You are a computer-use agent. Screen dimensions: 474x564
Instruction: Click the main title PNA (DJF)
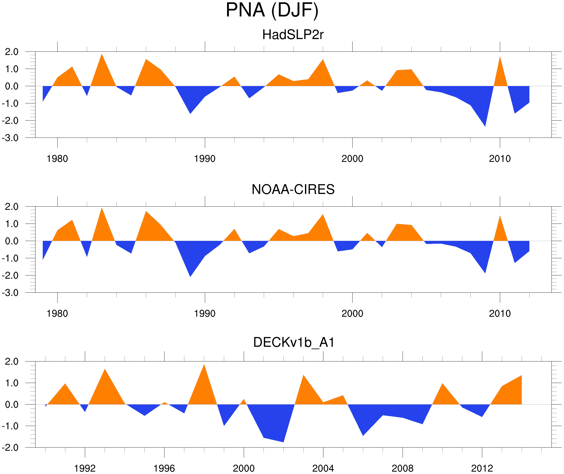coord(272,10)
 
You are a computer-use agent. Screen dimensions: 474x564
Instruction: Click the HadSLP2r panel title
coord(293,35)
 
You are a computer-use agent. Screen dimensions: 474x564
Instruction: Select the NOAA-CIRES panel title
coord(293,189)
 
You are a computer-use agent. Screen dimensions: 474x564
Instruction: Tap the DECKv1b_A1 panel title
coord(294,343)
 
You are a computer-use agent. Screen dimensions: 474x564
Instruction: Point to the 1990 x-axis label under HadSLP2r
coord(205,159)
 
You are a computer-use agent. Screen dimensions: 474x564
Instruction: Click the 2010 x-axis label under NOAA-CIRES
coord(499,313)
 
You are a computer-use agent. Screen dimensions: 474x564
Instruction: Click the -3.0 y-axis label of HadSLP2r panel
coord(10,138)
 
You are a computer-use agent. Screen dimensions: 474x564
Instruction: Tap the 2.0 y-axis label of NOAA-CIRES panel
coord(12,207)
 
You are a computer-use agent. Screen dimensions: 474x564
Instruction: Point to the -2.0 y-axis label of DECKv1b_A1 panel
coord(10,448)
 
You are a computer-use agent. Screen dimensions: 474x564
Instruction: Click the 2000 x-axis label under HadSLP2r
coord(352,159)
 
